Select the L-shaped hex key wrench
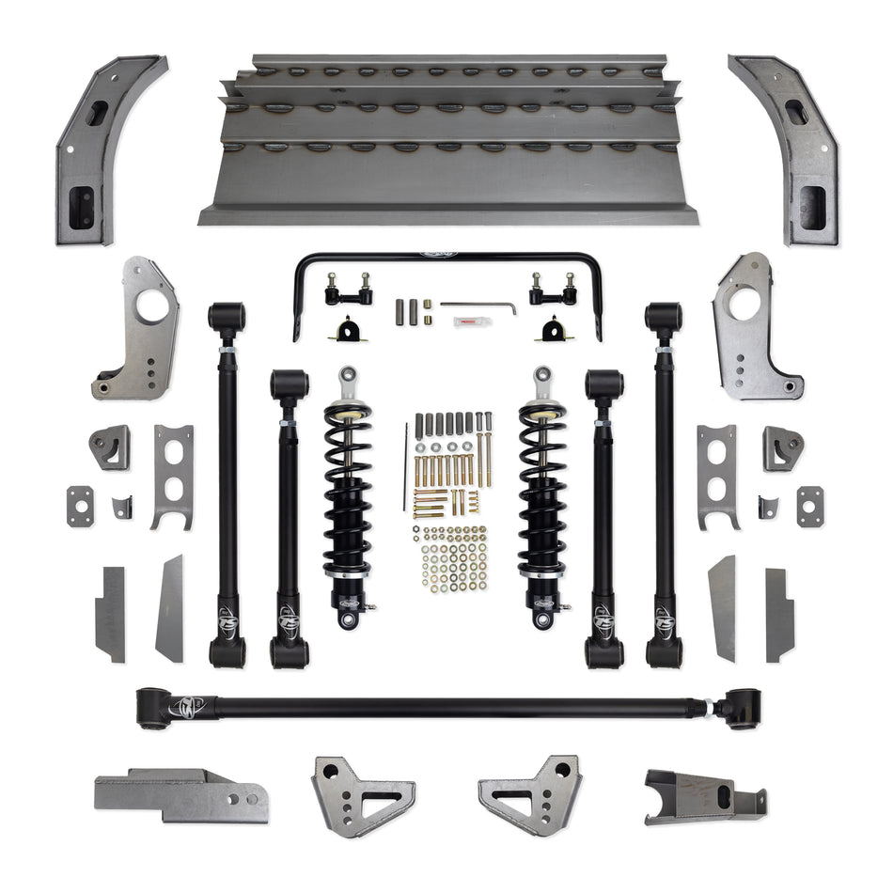[x=479, y=305]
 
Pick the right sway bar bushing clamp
[x=550, y=331]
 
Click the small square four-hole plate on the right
[x=809, y=505]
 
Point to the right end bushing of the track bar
[x=743, y=705]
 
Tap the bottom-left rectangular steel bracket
[x=179, y=794]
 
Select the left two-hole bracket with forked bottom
[x=174, y=475]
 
